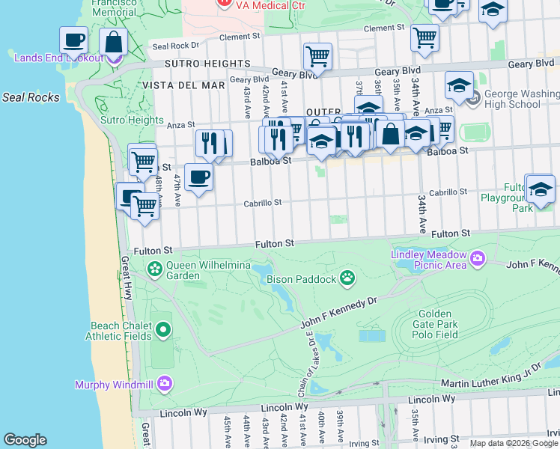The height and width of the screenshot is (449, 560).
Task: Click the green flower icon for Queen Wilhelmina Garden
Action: (155, 269)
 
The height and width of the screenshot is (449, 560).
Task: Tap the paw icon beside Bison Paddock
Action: (347, 279)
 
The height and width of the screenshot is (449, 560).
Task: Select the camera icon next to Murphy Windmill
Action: (164, 385)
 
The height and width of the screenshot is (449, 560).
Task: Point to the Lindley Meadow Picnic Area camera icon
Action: (477, 260)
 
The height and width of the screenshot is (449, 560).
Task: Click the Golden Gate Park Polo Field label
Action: (435, 323)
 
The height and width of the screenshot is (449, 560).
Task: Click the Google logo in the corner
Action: (25, 440)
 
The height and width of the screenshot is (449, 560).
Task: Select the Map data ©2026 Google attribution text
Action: (514, 443)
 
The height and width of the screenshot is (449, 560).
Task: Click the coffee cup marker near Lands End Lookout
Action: (73, 40)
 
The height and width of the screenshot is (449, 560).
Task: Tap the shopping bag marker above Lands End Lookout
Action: (113, 42)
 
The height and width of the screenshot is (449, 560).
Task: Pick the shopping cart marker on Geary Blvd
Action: (317, 56)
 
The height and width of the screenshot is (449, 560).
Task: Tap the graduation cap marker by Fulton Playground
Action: (540, 190)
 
